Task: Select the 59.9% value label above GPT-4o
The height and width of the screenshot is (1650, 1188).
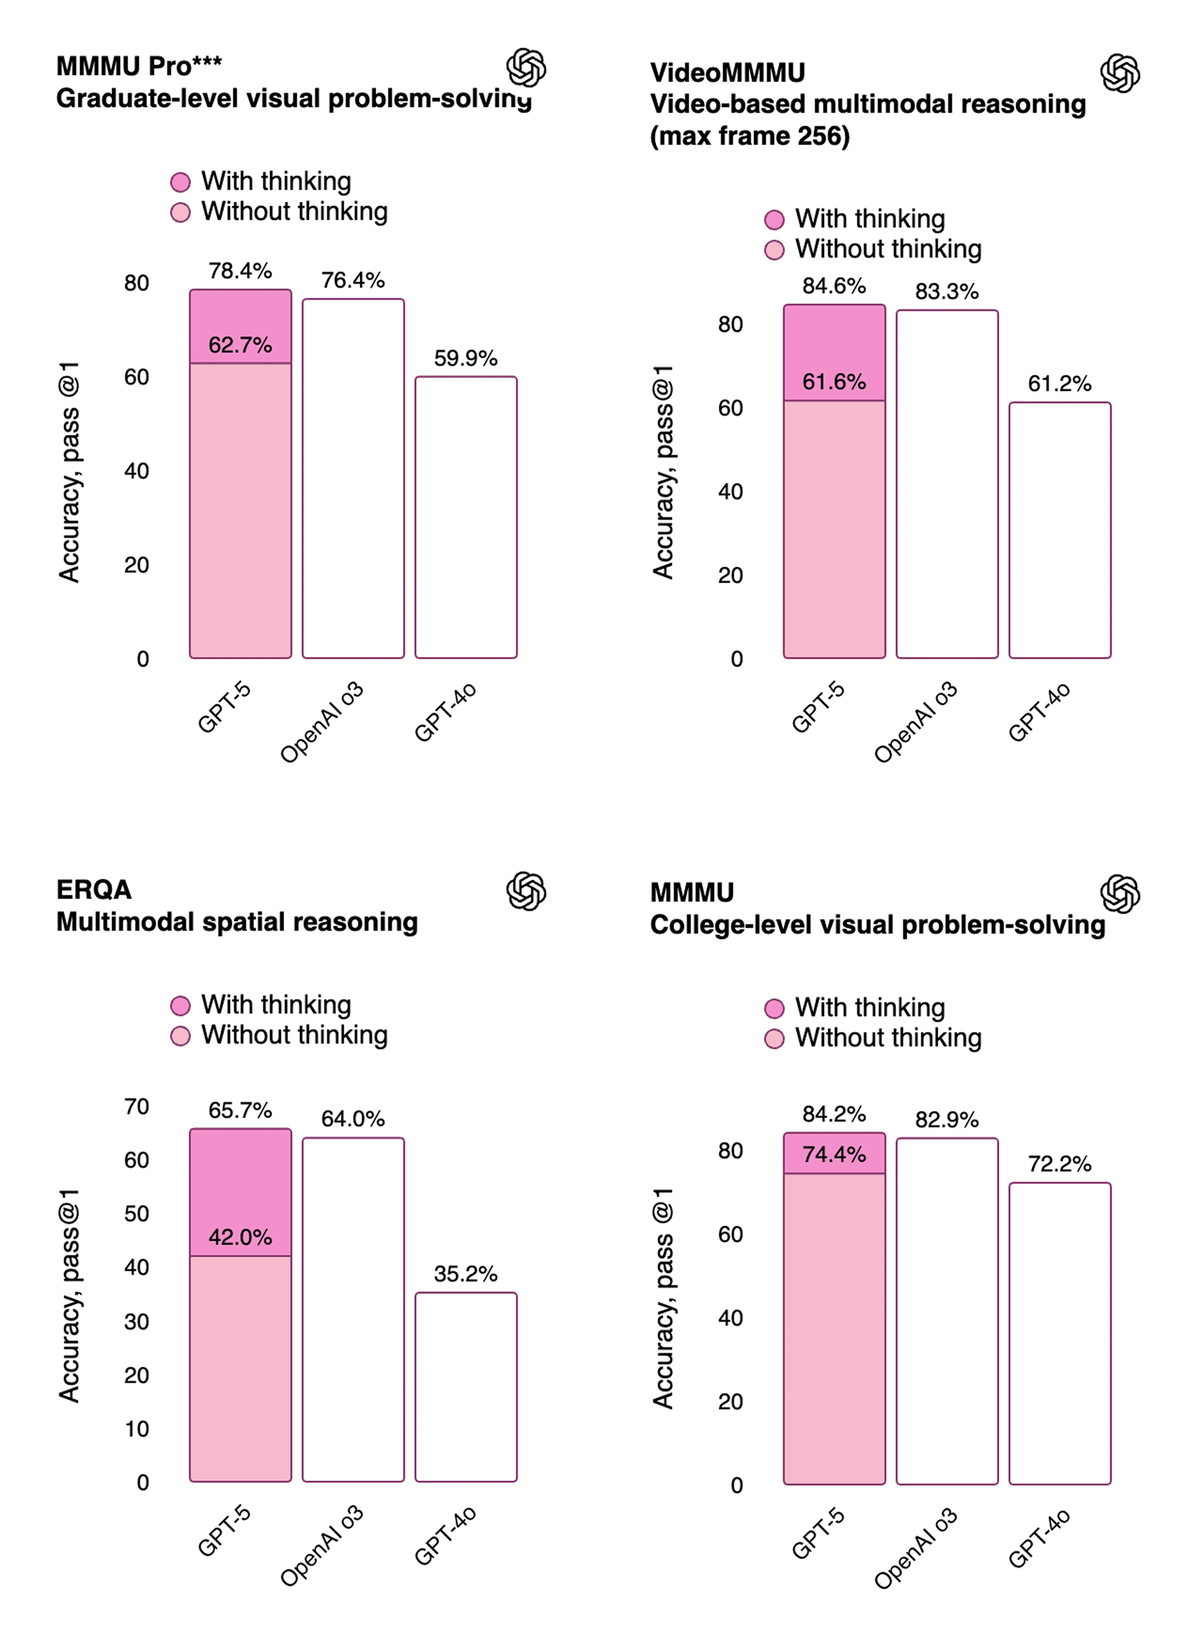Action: (x=466, y=358)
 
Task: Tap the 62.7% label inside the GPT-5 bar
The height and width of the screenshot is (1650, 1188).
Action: (x=240, y=345)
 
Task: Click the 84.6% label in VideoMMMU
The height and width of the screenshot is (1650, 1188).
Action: (x=834, y=286)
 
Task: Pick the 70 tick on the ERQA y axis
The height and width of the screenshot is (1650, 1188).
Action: (x=137, y=1107)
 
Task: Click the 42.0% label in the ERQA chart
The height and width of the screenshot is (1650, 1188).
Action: (x=240, y=1237)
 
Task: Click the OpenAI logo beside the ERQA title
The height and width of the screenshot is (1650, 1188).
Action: (x=526, y=891)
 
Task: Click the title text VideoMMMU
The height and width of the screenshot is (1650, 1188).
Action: (x=727, y=73)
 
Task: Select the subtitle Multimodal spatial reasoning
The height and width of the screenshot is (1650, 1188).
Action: (x=237, y=922)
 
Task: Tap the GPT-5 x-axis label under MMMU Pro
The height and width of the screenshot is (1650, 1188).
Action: (x=224, y=707)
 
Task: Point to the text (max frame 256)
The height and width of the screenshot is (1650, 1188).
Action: (x=749, y=136)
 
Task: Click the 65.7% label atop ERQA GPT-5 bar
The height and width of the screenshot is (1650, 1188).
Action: (x=240, y=1110)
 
